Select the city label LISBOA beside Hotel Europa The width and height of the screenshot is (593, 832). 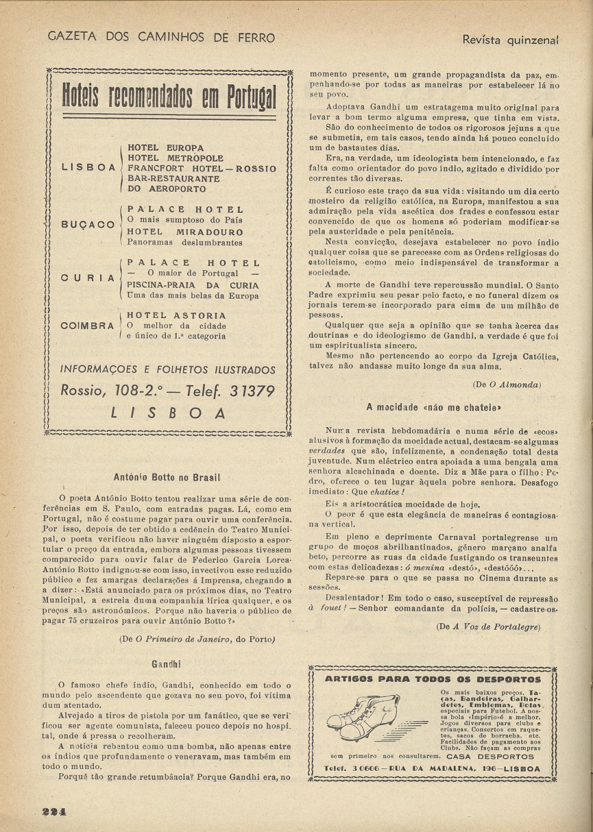89,168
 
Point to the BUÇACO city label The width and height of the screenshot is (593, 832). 88,225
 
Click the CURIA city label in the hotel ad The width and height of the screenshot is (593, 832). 88,278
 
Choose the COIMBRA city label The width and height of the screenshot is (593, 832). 87,326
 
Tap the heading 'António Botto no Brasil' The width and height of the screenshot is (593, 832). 167,477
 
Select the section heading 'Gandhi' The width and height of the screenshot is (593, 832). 167,663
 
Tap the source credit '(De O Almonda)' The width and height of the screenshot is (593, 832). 506,385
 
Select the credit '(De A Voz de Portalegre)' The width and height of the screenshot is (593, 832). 489,627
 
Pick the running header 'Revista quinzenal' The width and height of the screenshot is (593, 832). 511,40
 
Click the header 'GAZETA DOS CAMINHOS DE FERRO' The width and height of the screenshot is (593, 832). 161,38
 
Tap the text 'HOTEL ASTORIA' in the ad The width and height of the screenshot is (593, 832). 177,316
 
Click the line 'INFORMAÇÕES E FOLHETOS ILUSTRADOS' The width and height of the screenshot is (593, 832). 168,370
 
